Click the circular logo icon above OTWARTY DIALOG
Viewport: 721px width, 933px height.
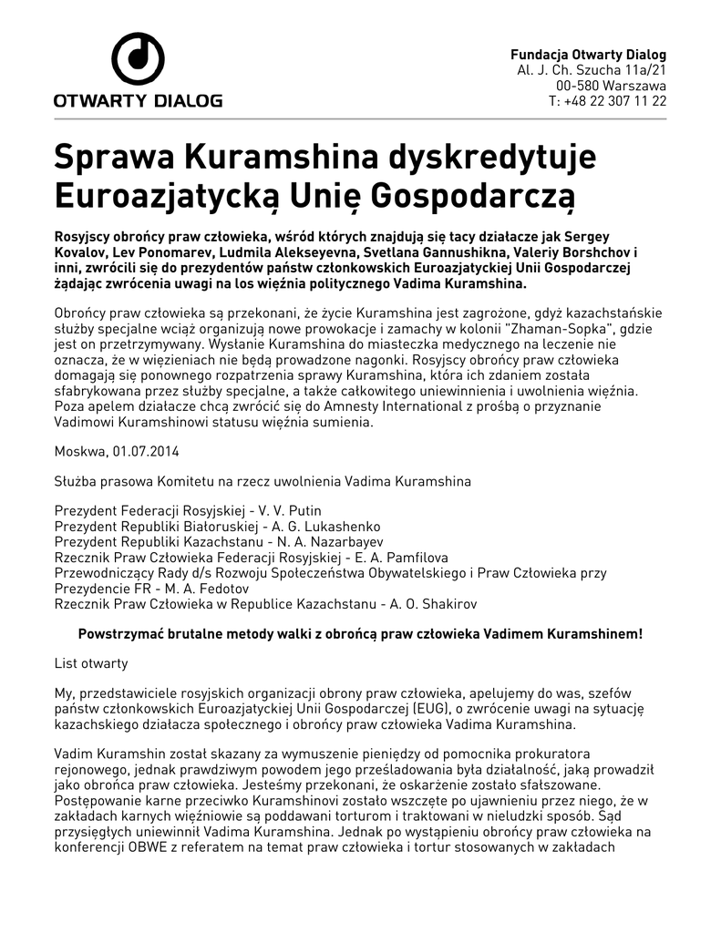coord(138,59)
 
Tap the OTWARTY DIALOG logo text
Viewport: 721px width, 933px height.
coord(138,100)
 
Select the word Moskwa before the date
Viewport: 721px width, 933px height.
coord(80,451)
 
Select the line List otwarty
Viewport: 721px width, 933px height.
coord(91,663)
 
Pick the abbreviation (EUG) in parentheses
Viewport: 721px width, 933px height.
coord(436,709)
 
